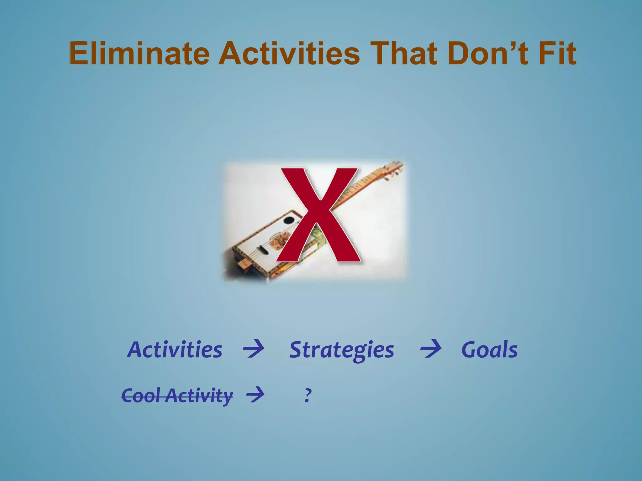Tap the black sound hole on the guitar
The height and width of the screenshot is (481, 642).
(288, 220)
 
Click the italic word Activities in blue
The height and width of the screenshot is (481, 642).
(175, 350)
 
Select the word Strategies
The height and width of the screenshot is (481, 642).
(341, 350)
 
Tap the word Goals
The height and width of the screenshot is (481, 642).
(489, 350)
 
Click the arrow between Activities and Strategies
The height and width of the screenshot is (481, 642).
(253, 349)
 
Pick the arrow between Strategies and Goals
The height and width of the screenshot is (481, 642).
(431, 349)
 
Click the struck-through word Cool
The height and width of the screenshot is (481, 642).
(141, 395)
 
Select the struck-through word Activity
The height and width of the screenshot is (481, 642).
(199, 395)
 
